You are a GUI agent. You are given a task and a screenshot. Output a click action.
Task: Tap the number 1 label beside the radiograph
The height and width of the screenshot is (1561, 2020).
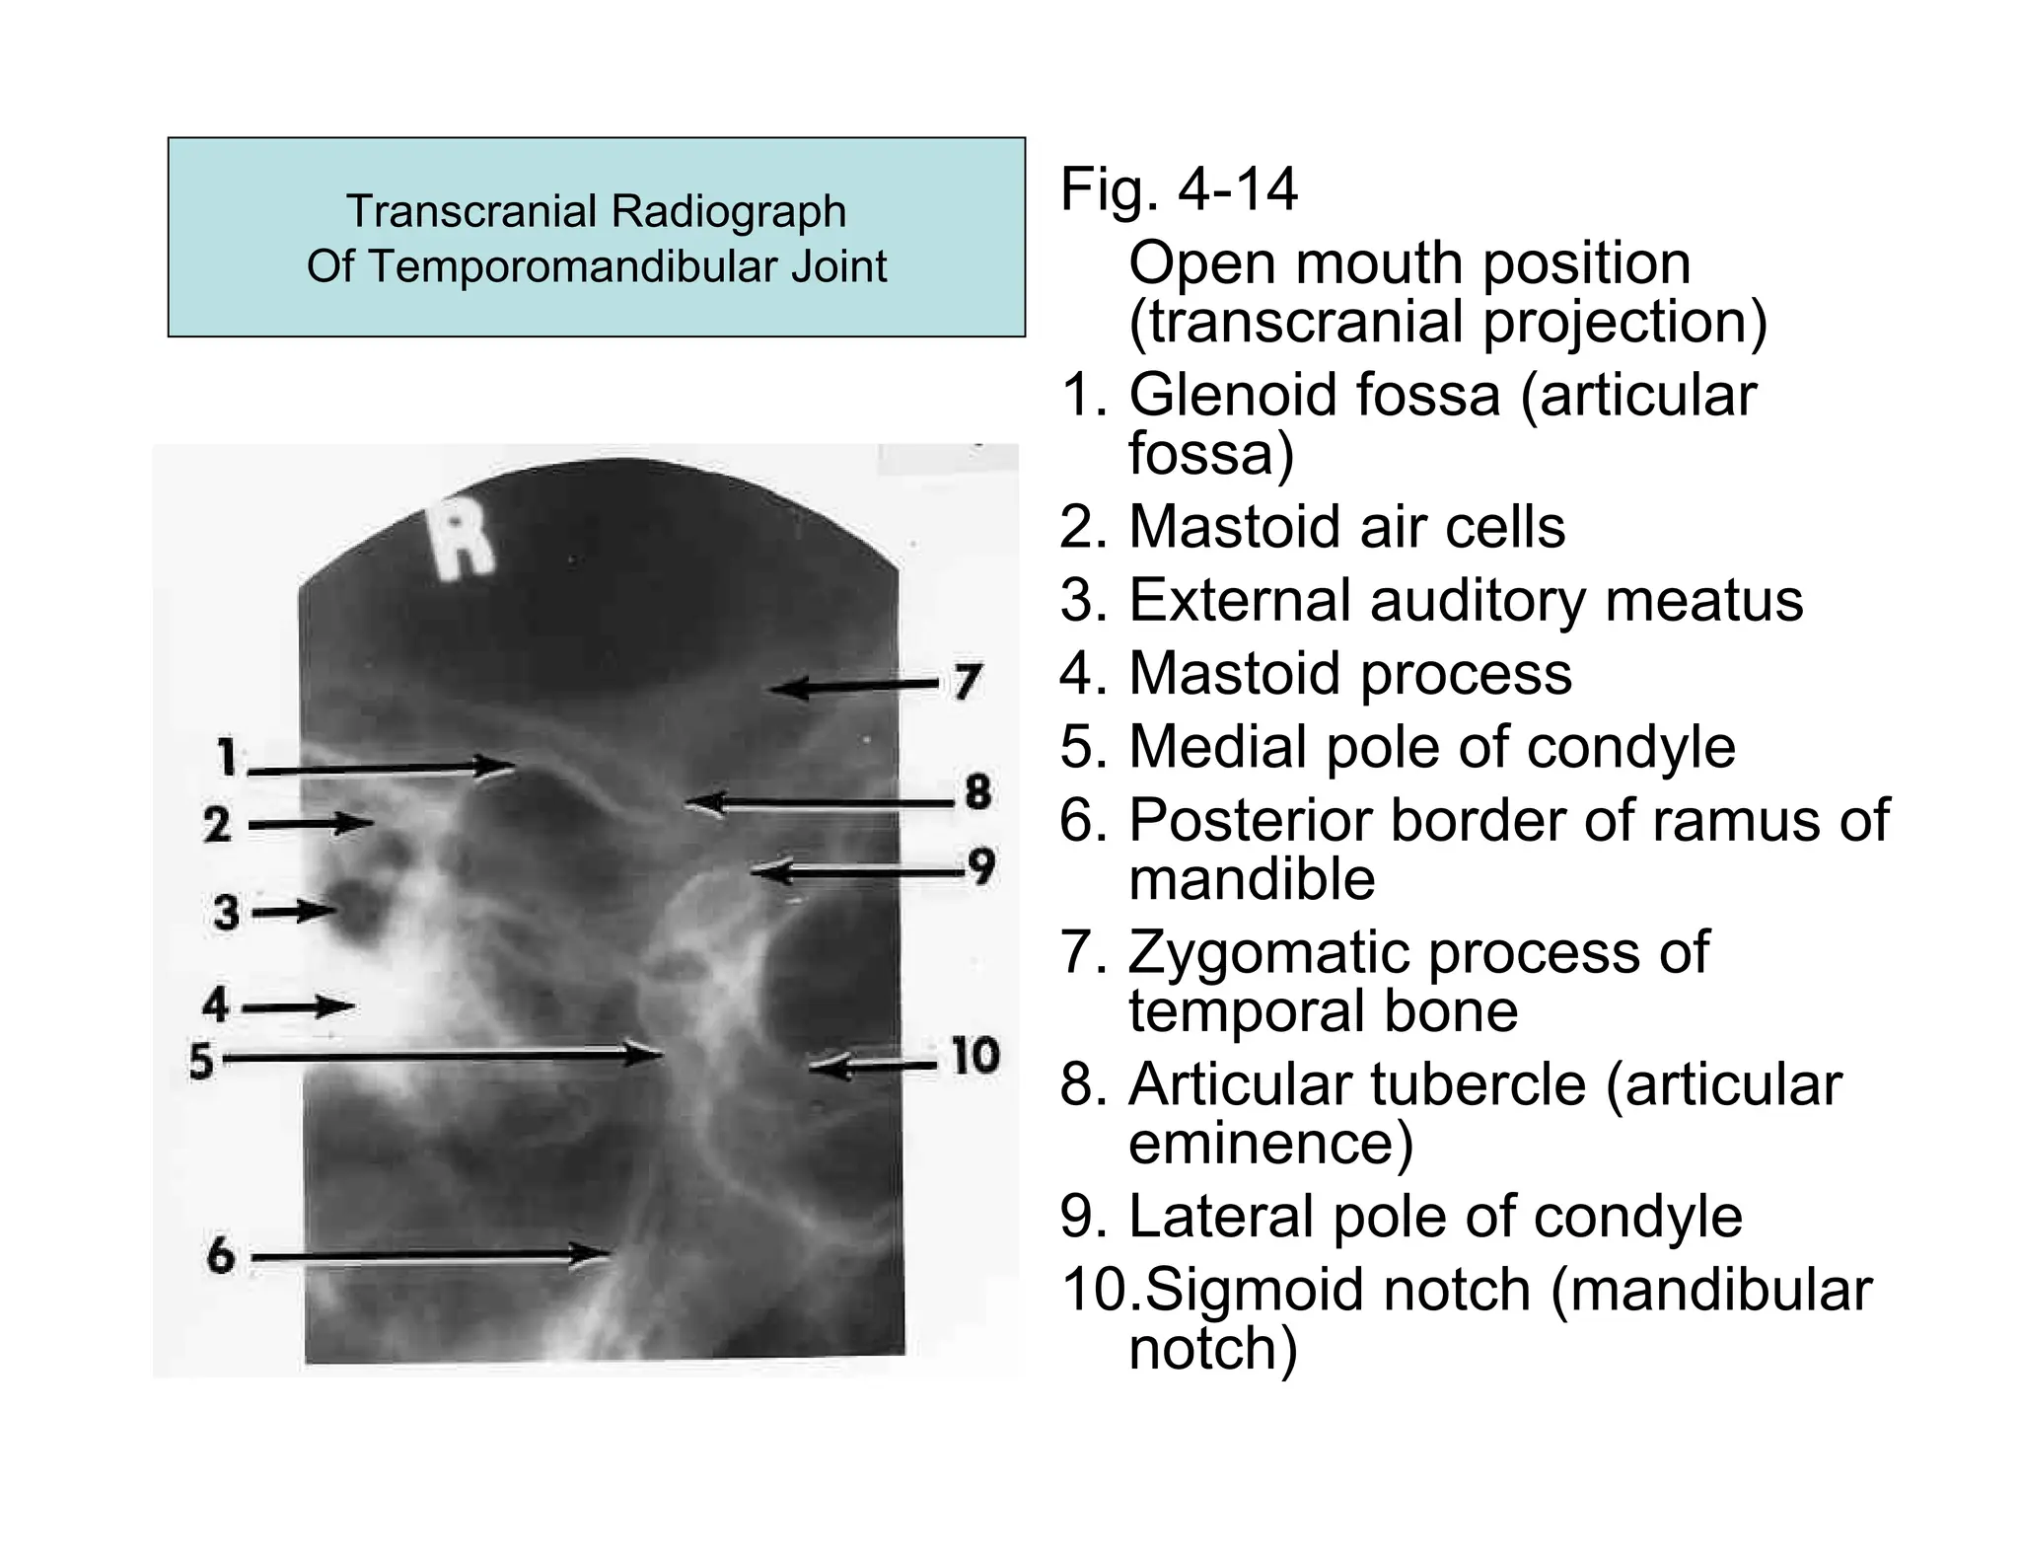tap(228, 758)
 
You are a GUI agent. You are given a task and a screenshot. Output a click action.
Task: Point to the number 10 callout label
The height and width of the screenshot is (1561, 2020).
tap(974, 1056)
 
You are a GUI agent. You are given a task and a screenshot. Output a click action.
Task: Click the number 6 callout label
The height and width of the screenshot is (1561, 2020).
tap(221, 1256)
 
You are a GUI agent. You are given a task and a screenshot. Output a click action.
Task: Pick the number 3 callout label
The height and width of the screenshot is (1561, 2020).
tap(226, 912)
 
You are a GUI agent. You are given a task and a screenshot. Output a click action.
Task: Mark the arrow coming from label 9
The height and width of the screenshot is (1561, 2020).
tap(858, 871)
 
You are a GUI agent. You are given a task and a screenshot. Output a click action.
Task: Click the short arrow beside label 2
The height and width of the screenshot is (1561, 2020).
tap(311, 822)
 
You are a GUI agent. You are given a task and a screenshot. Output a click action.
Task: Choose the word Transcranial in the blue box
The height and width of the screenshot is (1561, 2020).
tap(471, 211)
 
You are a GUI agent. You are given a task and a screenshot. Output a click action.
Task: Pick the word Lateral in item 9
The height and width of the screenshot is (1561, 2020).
tap(1233, 1216)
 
